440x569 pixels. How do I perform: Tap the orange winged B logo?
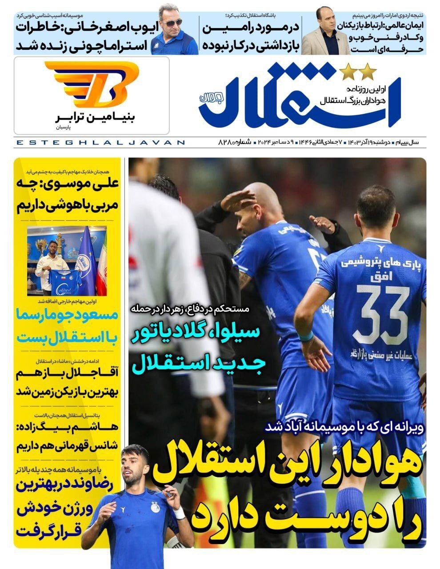[92, 84]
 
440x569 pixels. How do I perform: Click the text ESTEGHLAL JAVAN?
[100, 143]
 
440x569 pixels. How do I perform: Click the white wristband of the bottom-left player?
[179, 513]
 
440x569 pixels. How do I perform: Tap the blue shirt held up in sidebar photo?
[65, 278]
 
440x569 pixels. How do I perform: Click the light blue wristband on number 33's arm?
[305, 336]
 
